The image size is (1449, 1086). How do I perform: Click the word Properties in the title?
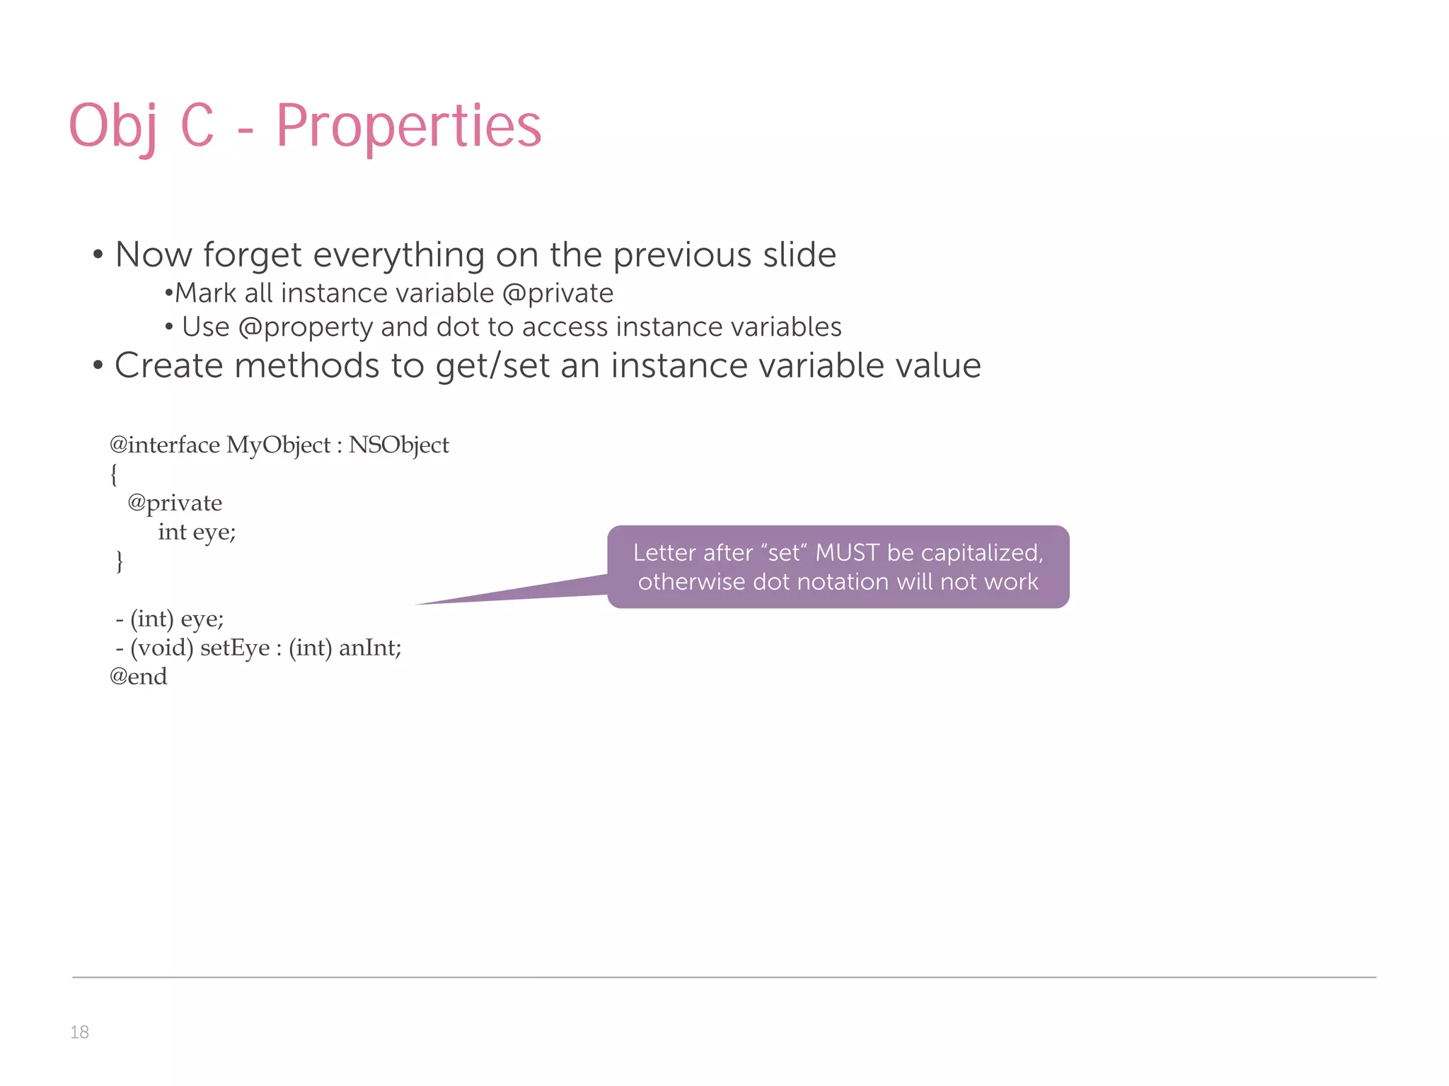(408, 127)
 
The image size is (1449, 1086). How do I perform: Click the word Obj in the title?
(113, 127)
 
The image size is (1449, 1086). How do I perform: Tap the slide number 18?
(79, 1032)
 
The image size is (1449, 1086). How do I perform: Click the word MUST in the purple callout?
(848, 552)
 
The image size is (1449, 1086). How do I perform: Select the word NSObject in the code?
(398, 445)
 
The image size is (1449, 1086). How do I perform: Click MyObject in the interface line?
(278, 445)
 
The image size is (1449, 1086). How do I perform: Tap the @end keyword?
(139, 677)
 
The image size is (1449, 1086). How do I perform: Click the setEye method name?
(235, 648)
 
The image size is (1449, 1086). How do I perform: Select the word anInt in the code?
(369, 648)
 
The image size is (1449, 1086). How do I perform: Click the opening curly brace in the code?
(114, 474)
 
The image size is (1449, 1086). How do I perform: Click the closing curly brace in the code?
(119, 561)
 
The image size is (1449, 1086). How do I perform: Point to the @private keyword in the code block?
(175, 503)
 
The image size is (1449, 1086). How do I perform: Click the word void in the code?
(162, 648)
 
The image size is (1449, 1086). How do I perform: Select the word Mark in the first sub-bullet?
(205, 293)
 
